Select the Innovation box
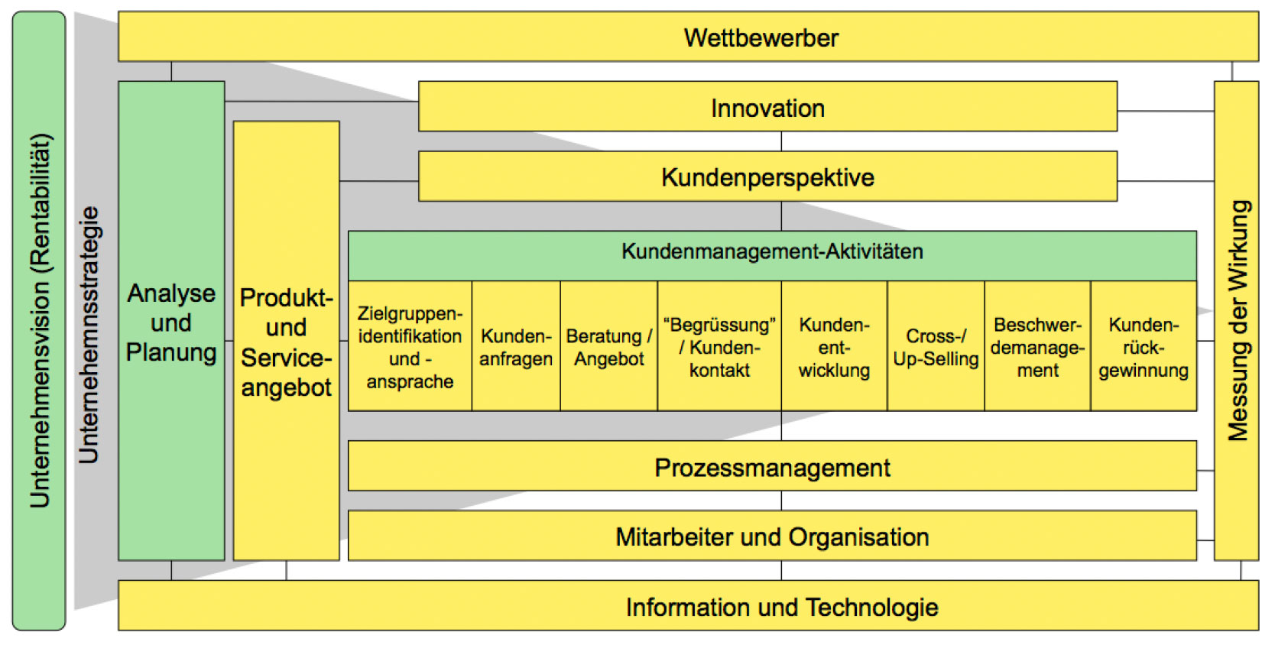click(767, 107)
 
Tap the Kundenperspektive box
click(767, 177)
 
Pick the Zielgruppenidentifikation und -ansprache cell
click(410, 346)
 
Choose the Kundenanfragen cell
click(516, 346)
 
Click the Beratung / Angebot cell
click(608, 346)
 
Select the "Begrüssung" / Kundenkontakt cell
click(719, 346)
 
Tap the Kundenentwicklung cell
click(834, 346)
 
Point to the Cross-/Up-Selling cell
click(936, 346)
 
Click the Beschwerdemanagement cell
click(1037, 346)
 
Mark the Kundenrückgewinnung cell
click(1144, 346)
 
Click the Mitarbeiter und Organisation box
click(772, 536)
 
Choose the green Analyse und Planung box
click(171, 321)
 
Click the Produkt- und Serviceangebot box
click(286, 341)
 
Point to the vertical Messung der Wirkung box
click(1237, 321)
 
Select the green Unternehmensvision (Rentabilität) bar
click(39, 321)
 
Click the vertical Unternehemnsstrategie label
click(89, 335)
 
